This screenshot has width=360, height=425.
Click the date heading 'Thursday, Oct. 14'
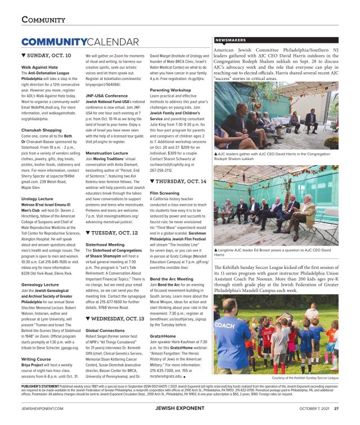pos(178,181)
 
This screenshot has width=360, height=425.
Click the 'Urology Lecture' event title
pos(37,198)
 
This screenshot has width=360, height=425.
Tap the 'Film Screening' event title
pos(163,193)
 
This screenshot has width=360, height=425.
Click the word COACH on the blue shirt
pos(225,325)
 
